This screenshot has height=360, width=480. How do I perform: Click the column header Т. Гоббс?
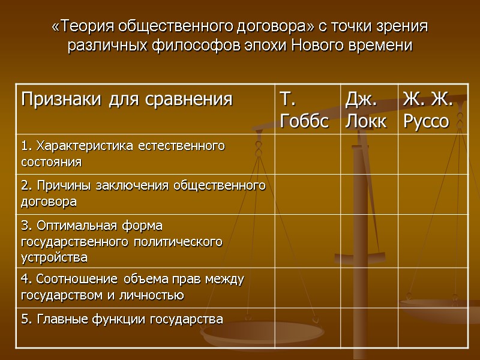pos(304,110)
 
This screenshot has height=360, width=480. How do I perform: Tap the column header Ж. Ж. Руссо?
pos(428,110)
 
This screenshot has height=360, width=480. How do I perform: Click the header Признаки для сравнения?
pos(127,99)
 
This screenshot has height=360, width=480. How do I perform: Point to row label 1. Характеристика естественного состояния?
pos(122,154)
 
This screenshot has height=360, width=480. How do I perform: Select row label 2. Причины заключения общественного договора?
pos(143,193)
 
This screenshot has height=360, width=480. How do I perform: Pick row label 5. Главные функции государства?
pos(122,319)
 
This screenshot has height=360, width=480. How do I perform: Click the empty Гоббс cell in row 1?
pos(307,154)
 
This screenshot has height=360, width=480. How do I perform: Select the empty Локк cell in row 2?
pos(368,194)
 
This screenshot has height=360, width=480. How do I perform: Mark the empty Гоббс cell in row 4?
pos(307,287)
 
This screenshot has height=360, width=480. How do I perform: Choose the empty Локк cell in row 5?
pos(368,328)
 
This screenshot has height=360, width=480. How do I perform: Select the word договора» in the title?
pos(268,27)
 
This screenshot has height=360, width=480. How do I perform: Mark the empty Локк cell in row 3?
pos(368,241)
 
